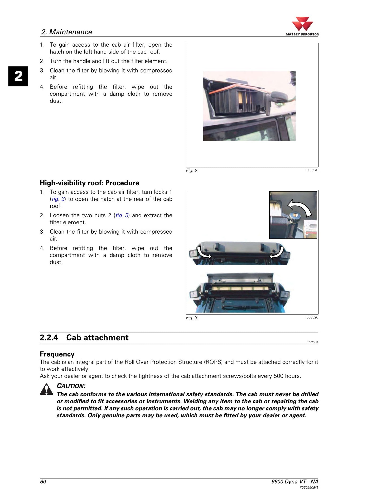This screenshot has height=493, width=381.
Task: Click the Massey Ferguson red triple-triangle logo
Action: tap(302, 24)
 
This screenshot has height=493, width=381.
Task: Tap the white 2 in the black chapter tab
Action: tap(18, 76)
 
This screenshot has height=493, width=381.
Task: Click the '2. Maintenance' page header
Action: tap(67, 32)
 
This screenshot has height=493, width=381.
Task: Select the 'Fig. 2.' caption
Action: tap(192, 171)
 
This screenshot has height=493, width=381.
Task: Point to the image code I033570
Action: tap(312, 170)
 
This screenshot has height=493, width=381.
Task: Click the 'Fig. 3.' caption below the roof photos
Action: tap(192, 318)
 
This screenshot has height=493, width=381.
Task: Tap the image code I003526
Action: tap(312, 317)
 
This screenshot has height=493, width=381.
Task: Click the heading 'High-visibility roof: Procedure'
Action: tap(89, 183)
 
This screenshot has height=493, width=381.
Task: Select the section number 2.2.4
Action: tap(49, 337)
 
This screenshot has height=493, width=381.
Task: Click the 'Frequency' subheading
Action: tap(57, 354)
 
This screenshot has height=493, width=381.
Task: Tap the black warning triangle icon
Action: tap(46, 389)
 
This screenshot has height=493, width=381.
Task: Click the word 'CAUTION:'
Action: tap(71, 386)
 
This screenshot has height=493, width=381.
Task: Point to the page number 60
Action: tap(43, 481)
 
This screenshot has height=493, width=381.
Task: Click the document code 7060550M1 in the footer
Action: tap(309, 487)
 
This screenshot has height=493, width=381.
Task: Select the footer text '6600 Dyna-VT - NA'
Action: tap(295, 481)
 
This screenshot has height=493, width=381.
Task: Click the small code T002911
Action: tap(313, 342)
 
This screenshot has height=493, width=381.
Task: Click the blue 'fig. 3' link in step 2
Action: tap(122, 215)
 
